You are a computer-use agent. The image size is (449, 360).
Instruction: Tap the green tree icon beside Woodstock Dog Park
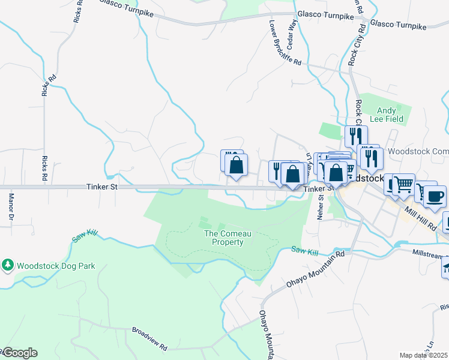tap(8, 265)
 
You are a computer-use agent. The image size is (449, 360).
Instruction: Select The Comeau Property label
tap(224, 238)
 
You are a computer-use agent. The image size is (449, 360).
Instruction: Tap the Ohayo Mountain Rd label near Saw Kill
tap(315, 267)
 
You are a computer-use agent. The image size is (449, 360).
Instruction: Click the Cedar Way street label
tap(293, 36)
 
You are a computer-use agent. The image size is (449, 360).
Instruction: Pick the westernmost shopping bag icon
tap(236, 166)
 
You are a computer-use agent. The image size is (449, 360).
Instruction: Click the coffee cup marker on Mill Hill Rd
tap(435, 196)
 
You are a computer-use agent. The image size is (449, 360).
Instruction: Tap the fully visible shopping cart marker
tap(403, 185)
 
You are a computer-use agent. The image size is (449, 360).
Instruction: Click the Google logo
tap(19, 353)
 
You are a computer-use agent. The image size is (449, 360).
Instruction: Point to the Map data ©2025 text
tap(423, 355)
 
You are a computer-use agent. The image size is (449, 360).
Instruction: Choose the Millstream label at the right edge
tap(430, 254)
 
